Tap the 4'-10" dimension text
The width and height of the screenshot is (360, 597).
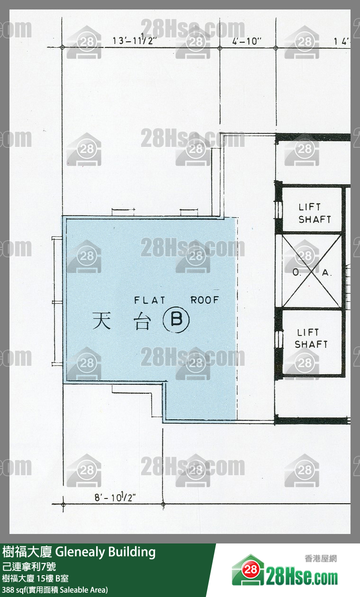(247, 41)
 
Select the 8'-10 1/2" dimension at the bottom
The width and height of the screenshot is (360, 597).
(115, 497)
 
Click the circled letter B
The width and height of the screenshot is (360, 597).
(176, 319)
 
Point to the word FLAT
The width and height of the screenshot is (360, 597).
(150, 300)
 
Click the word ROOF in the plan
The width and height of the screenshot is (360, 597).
(205, 300)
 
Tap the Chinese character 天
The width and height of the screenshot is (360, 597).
(101, 320)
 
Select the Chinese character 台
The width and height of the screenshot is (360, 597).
(142, 321)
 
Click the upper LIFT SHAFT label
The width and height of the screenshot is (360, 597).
(315, 213)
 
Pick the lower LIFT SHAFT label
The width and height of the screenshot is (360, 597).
(311, 338)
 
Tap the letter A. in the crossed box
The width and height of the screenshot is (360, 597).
(327, 272)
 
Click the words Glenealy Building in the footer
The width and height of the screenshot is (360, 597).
(105, 552)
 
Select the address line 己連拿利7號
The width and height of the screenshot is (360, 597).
(29, 567)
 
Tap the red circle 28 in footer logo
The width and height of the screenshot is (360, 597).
(251, 570)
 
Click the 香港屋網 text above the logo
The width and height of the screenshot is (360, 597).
(321, 559)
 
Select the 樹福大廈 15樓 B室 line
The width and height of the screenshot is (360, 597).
(35, 579)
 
